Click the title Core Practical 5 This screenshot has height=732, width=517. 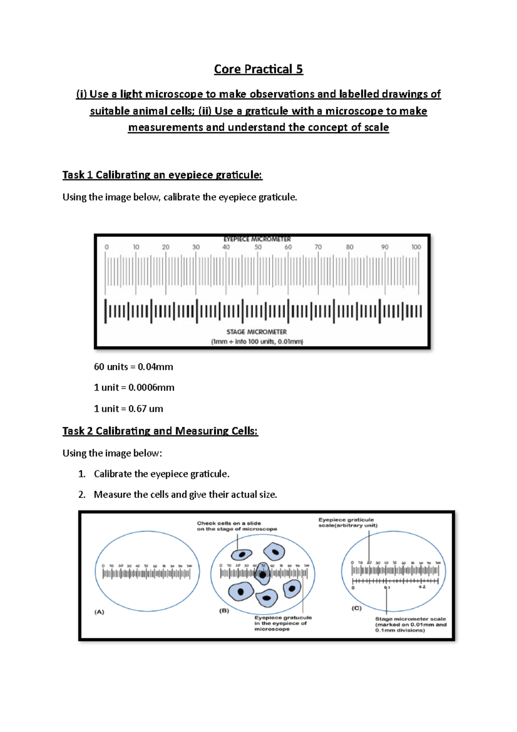(x=258, y=69)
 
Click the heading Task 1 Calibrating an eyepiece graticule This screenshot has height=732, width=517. (x=162, y=175)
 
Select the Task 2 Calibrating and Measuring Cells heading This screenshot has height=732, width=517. (x=160, y=431)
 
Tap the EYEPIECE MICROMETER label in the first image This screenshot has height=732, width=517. (x=257, y=239)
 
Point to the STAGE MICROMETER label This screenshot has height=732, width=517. (x=256, y=332)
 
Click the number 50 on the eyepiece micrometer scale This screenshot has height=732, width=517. (x=258, y=247)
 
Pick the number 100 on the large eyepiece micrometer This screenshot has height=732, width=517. (x=416, y=247)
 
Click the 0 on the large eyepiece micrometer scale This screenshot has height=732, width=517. (x=107, y=247)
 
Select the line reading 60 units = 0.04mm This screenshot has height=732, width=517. (x=134, y=367)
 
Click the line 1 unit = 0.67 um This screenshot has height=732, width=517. (x=128, y=409)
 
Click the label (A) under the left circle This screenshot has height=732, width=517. (x=99, y=612)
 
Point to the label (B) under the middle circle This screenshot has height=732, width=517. (x=224, y=610)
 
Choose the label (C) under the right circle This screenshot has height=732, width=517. (x=356, y=608)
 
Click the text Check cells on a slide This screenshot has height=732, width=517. (x=229, y=523)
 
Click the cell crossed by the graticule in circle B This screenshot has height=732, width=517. (x=262, y=574)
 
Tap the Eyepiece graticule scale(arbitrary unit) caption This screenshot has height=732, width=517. (x=348, y=522)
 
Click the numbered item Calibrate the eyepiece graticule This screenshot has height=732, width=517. (x=162, y=474)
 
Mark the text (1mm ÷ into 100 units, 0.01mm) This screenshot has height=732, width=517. (x=257, y=341)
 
